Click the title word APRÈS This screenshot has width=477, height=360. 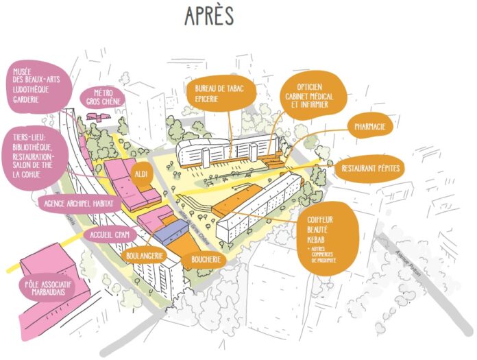(x=210, y=16)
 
